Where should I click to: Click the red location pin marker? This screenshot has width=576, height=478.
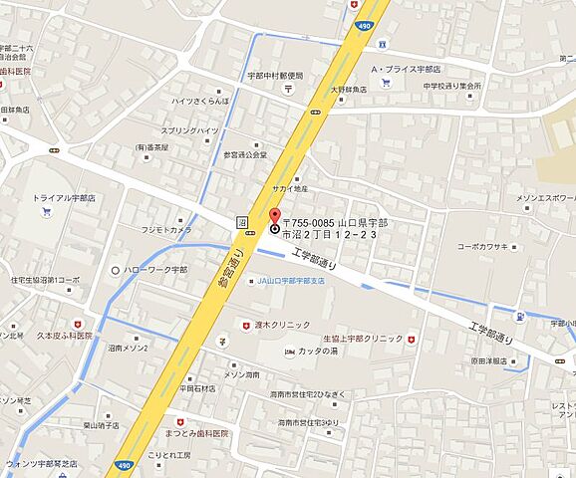[276, 217]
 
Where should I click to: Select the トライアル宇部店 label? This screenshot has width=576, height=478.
[64, 198]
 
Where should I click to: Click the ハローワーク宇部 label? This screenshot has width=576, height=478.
[153, 269]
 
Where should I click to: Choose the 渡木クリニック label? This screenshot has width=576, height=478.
[282, 325]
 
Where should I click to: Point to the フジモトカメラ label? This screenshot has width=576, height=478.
[166, 230]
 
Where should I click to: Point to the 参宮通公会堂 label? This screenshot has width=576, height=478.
[245, 155]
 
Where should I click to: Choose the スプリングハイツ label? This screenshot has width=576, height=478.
[189, 130]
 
